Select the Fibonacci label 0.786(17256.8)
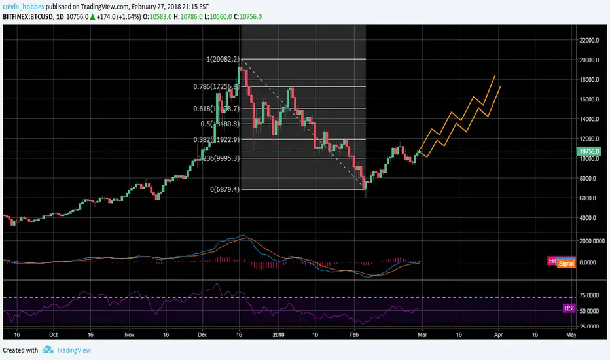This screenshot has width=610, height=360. click(x=215, y=86)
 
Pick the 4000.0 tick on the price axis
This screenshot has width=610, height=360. click(x=588, y=218)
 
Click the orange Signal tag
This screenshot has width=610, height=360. click(x=566, y=263)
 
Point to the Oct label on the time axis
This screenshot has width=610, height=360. click(x=53, y=333)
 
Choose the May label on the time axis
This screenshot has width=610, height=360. click(x=571, y=333)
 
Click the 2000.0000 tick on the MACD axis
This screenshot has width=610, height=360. click(x=590, y=241)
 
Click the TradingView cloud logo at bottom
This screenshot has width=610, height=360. click(x=48, y=350)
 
